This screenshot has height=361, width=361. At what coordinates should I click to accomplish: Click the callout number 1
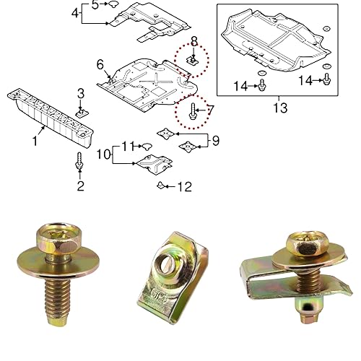[x=34, y=142]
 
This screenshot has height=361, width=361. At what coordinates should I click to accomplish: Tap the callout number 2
[x=80, y=186]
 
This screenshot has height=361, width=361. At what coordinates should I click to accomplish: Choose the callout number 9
[x=214, y=138]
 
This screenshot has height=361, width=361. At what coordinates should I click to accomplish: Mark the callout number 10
[x=103, y=155]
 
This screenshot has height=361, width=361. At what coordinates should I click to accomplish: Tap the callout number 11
[x=127, y=146]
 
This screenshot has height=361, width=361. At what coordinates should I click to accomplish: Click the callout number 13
[x=279, y=108]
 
